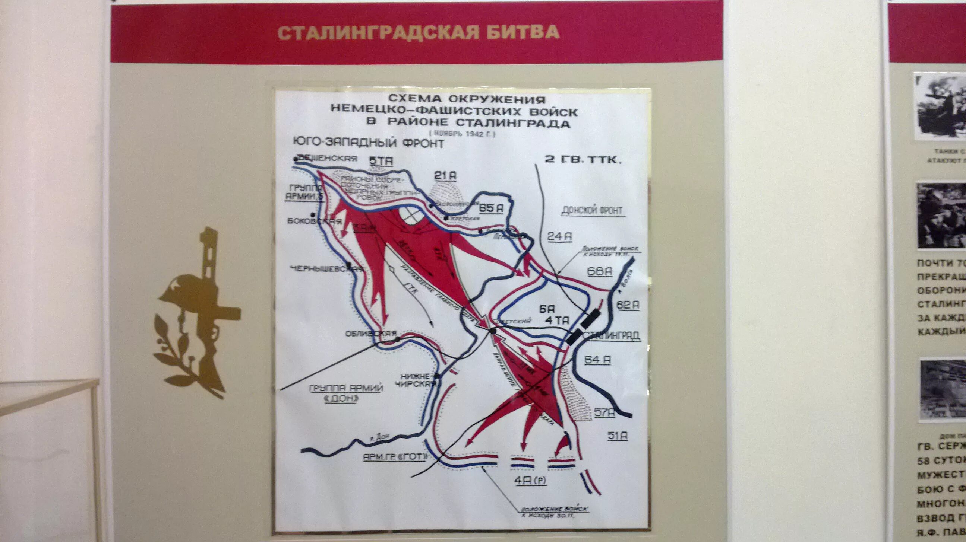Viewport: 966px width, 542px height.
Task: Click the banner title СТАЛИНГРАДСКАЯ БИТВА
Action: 419,33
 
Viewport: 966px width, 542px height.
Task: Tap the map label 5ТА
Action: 381,161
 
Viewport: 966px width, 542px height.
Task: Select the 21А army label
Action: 445,176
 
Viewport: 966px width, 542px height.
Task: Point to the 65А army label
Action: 491,208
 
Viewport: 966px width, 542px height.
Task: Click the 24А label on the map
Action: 559,237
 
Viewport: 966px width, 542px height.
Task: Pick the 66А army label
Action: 600,272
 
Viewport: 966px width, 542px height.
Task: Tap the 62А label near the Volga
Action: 628,305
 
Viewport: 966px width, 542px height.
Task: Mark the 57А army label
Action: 604,413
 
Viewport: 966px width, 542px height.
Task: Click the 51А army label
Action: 617,436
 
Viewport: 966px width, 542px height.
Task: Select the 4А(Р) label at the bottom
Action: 530,481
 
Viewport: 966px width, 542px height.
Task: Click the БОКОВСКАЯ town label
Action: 315,221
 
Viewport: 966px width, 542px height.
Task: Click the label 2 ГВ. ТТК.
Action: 583,160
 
